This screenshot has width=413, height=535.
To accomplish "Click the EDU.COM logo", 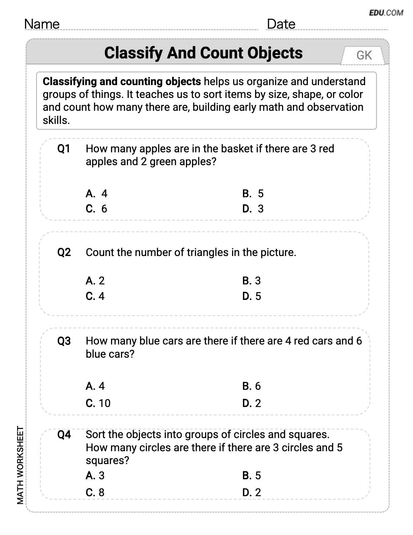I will pyautogui.click(x=386, y=13).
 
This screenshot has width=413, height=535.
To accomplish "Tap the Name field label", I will pyautogui.click(x=42, y=24).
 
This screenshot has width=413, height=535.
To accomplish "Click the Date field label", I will pyautogui.click(x=281, y=24).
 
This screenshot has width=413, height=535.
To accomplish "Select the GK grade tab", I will pyautogui.click(x=364, y=55).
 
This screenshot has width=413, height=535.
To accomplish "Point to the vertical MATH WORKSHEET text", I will pyautogui.click(x=20, y=465).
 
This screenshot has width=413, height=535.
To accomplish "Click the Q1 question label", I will pyautogui.click(x=64, y=149).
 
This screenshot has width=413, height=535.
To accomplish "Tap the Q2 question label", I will pyautogui.click(x=64, y=252).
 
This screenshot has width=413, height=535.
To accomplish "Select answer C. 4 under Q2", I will pyautogui.click(x=95, y=296).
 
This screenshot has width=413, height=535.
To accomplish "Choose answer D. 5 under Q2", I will pyautogui.click(x=252, y=296).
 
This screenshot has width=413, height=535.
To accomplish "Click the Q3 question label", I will pyautogui.click(x=64, y=341).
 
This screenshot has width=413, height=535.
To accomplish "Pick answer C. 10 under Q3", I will pyautogui.click(x=98, y=403).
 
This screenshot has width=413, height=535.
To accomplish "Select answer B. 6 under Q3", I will pyautogui.click(x=252, y=386).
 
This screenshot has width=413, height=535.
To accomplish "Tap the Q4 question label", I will pyautogui.click(x=64, y=435).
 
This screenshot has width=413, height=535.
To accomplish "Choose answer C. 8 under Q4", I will pyautogui.click(x=95, y=492).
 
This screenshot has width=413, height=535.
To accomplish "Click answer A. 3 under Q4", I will pyautogui.click(x=95, y=476).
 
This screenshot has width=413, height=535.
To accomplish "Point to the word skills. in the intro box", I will pyautogui.click(x=56, y=120).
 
